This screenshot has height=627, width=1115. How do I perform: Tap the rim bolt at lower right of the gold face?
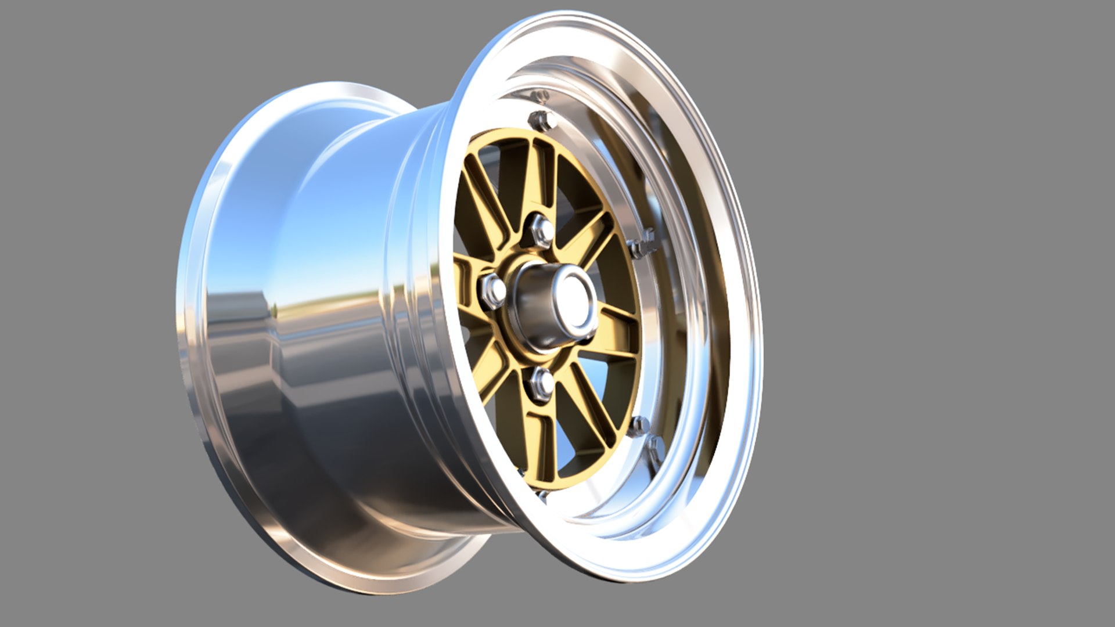coord(641,427)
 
